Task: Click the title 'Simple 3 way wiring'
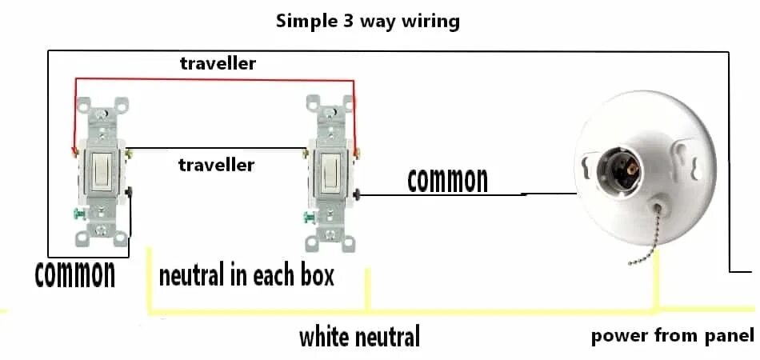point(367,21)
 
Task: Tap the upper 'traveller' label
point(218,63)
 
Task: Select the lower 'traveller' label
point(216,166)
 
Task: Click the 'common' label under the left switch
point(75,274)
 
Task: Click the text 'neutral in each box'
point(246,276)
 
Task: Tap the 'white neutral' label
point(359,337)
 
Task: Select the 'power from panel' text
point(672,336)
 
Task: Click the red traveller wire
point(216,79)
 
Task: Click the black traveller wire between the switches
point(216,147)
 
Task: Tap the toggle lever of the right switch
point(330,170)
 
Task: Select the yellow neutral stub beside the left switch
point(150,280)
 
